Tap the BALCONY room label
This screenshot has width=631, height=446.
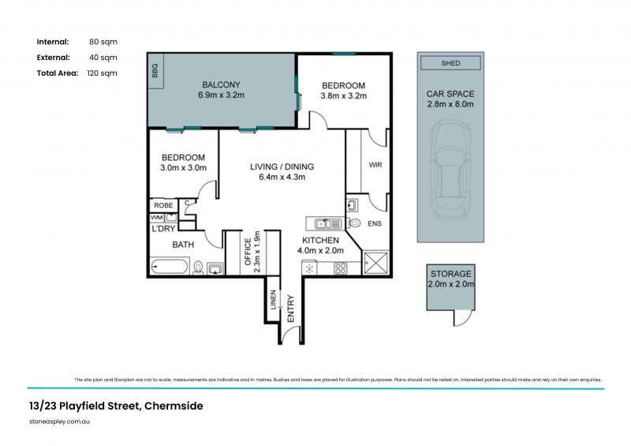(x=221, y=84)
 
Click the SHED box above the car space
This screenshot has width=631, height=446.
(x=450, y=63)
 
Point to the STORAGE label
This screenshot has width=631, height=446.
(x=450, y=272)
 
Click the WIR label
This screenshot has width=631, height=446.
(x=375, y=165)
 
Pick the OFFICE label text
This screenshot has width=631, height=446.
(x=247, y=253)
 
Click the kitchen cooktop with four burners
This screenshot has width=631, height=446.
(x=341, y=268)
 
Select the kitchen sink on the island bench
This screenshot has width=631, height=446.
(x=326, y=223)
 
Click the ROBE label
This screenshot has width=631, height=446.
(x=162, y=205)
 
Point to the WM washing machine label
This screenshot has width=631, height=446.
(x=156, y=217)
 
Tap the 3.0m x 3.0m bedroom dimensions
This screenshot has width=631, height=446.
(x=183, y=167)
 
